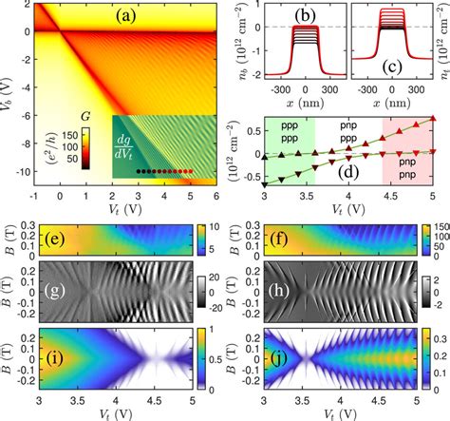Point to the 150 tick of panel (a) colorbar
pyautogui.click(x=47, y=136)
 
